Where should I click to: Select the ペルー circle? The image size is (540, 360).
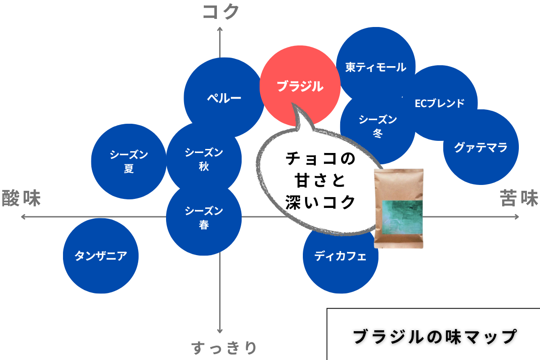point(224,98)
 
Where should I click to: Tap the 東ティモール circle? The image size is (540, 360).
point(376,67)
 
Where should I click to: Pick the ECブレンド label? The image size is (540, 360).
point(439,103)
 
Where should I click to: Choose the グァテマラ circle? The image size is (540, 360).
point(481,147)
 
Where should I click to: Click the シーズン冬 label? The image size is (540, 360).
point(378,126)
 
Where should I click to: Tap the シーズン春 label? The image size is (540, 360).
point(204,217)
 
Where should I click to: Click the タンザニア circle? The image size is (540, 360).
point(101,256)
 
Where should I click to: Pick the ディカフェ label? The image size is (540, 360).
point(340,256)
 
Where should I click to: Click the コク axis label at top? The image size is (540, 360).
point(220,12)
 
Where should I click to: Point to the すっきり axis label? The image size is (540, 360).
point(224,348)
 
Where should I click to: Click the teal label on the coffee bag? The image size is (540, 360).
point(402,217)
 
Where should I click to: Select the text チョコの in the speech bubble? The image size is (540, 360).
point(320,158)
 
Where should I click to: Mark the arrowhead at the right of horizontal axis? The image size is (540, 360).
point(517,217)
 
